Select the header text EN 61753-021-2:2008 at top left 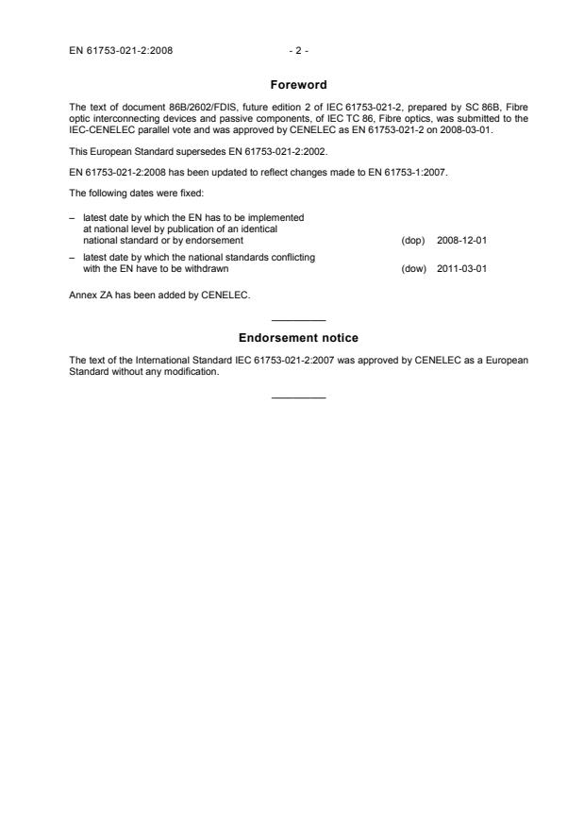pyautogui.click(x=120, y=39)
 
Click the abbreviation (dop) pyautogui.click(x=412, y=241)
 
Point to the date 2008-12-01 pyautogui.click(x=461, y=241)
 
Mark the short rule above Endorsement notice pyautogui.click(x=298, y=320)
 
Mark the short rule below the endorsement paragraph pyautogui.click(x=298, y=396)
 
